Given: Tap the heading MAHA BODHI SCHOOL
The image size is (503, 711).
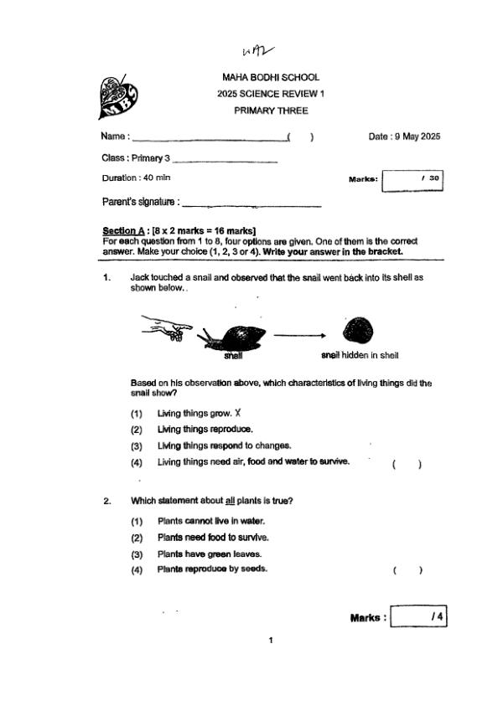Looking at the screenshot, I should (265, 78).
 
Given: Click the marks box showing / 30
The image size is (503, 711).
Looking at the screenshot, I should (412, 179).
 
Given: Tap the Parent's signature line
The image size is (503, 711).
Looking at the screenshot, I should (251, 204).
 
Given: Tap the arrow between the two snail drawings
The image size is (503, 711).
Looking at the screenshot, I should (298, 335).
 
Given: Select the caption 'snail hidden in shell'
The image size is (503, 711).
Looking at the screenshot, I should (360, 355).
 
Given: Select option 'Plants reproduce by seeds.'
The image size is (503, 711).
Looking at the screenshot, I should (212, 569).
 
